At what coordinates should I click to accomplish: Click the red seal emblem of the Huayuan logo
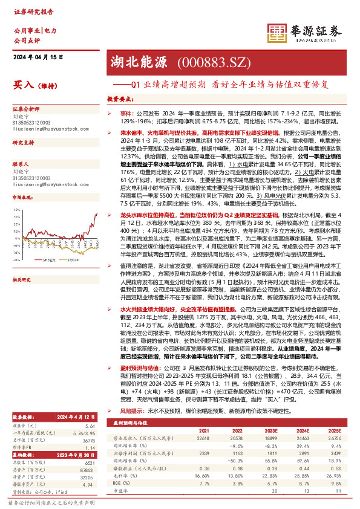coord(277,33)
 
